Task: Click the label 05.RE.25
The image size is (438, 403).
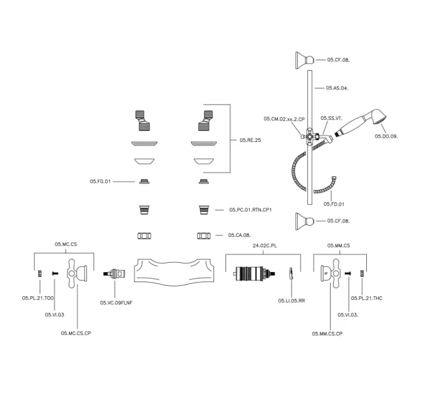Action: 250,140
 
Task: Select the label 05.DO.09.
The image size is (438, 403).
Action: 386,135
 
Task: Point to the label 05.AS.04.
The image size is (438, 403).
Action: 337,88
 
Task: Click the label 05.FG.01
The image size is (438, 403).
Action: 101,181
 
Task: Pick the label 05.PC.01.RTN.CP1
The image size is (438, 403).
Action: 251,210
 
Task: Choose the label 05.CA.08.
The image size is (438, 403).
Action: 240,235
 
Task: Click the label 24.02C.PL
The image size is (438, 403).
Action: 265,246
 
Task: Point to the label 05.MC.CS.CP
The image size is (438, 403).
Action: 76,333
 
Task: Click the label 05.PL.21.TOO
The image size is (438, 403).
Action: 38,298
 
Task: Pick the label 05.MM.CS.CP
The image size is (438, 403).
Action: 327,333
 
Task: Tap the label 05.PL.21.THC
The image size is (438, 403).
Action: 367,298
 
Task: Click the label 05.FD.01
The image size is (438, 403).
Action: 333,204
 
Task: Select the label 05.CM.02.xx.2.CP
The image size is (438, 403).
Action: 284,119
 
